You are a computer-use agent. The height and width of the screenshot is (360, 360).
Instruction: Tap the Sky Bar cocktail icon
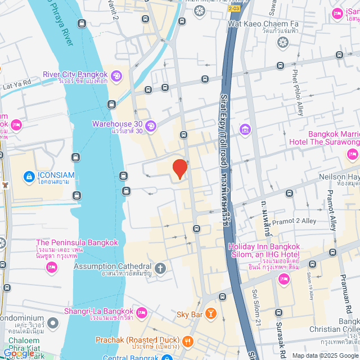coord(210,313)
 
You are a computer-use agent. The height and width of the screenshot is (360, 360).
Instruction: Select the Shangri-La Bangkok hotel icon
coord(141,312)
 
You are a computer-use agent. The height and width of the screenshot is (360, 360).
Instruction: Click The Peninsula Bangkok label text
coord(77,242)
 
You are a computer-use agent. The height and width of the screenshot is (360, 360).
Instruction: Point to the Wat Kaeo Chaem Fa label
coord(263,24)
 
